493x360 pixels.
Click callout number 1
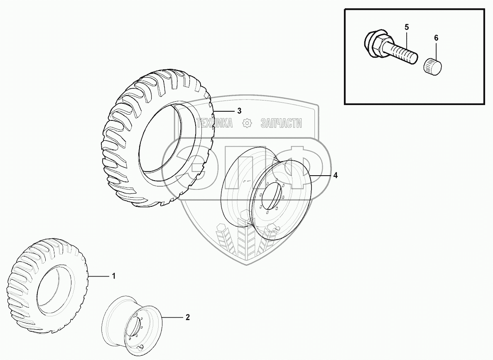point(113,276)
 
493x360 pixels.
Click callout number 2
point(188,318)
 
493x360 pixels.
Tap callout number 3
point(239,110)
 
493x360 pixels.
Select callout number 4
point(335,176)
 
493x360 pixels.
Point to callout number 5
point(407,27)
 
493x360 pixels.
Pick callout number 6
point(436,38)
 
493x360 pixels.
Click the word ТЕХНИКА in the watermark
point(214,123)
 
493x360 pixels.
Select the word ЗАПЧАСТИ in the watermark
point(281,123)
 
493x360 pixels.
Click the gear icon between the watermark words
point(247,123)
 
